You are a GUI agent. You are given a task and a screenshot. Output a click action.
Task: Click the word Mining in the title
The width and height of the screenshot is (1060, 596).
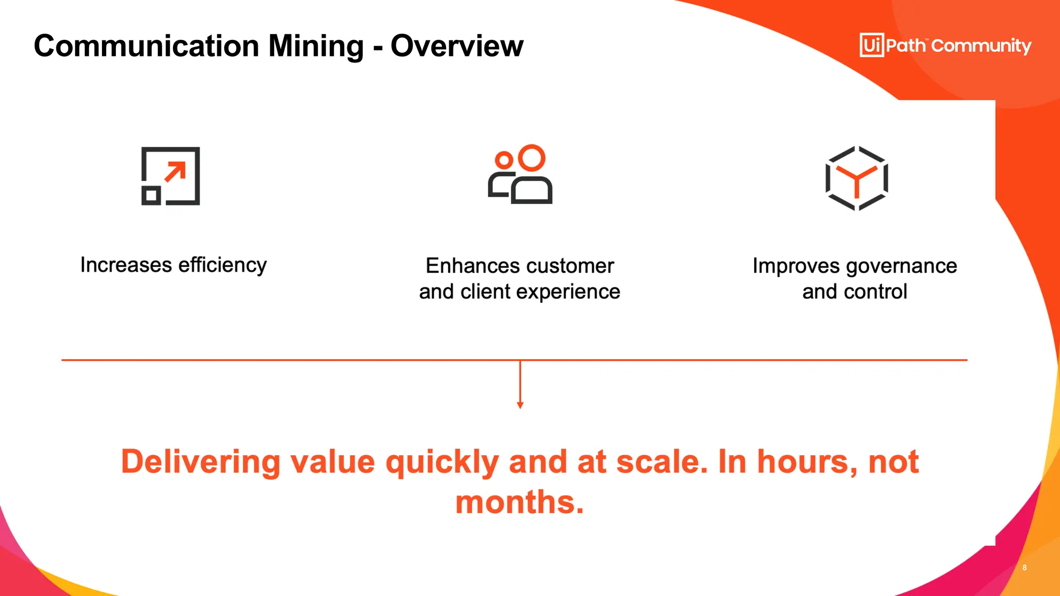(316, 47)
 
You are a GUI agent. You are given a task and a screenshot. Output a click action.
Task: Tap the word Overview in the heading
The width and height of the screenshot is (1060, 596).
(457, 47)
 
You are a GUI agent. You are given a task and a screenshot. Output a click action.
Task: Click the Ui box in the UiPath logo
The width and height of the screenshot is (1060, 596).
(872, 45)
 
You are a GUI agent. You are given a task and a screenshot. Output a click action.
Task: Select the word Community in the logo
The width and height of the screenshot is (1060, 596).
(981, 46)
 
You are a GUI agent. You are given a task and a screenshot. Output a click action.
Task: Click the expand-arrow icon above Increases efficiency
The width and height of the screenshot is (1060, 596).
(171, 176)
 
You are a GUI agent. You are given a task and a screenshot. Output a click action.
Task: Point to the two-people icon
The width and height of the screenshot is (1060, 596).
(520, 174)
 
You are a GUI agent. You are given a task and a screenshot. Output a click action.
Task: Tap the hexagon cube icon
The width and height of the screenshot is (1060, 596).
(857, 178)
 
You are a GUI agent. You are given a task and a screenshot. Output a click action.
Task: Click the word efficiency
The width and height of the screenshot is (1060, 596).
(223, 265)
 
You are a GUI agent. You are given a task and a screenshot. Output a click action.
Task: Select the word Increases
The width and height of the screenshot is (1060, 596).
(126, 265)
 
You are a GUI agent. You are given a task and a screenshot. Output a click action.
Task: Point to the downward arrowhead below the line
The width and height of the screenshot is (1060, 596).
(520, 406)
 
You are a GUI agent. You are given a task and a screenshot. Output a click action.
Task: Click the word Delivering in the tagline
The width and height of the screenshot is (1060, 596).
(201, 461)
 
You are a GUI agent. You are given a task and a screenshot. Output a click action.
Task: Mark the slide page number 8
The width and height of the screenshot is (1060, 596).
(1024, 568)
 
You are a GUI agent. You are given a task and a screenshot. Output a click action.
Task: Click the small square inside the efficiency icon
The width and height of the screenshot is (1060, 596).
(151, 196)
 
